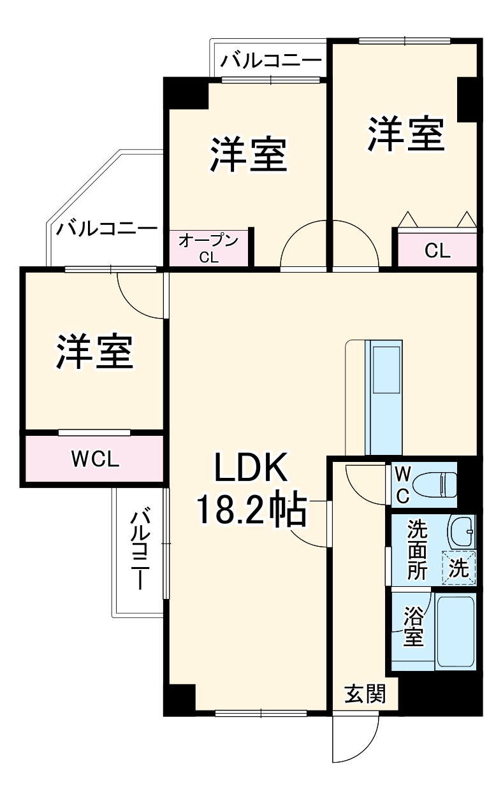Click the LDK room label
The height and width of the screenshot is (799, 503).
click(x=251, y=469)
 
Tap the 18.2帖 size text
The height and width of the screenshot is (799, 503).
click(x=251, y=510)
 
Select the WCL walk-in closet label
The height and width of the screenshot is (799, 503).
click(x=94, y=459)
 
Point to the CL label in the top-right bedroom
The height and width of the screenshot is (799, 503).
click(x=437, y=250)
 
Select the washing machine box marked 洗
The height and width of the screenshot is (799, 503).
click(x=460, y=568)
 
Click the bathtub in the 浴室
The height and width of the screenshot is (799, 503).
click(x=455, y=631)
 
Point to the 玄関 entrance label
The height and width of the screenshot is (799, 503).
click(x=365, y=693)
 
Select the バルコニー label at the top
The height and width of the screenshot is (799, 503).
click(x=270, y=62)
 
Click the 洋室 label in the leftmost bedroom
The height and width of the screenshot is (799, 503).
click(x=94, y=350)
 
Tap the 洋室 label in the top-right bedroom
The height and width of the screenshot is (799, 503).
click(x=405, y=133)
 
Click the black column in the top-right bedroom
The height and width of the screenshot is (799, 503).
click(x=467, y=99)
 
